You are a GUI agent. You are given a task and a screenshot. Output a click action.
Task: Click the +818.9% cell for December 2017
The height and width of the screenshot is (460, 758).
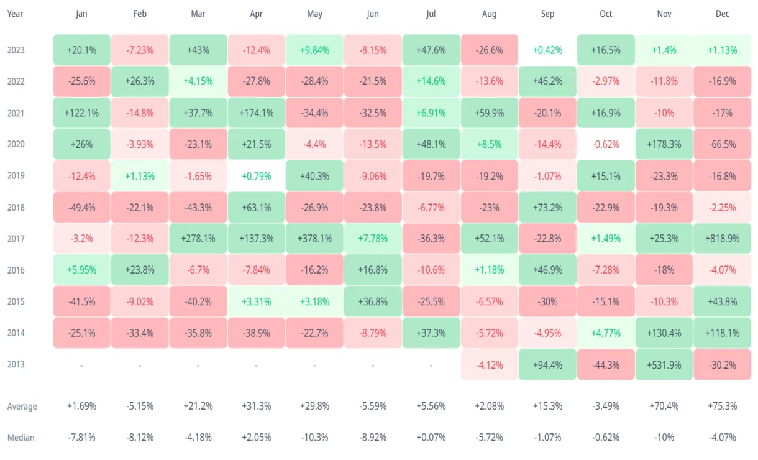(x=723, y=239)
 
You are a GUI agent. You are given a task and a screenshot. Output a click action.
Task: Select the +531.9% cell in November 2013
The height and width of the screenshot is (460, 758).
(x=664, y=364)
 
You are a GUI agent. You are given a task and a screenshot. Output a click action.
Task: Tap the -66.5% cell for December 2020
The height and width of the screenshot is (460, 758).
(x=723, y=144)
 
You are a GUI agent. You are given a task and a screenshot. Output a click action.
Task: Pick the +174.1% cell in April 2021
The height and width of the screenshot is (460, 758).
(x=256, y=113)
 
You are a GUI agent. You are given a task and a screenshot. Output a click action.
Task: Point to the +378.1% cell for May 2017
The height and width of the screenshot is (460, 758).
(x=314, y=239)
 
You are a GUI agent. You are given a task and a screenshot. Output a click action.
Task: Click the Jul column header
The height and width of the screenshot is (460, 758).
(x=431, y=14)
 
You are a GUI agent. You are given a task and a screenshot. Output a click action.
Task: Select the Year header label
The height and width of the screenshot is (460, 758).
(x=16, y=14)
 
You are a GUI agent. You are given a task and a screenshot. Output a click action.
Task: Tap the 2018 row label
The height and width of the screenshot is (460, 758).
(x=16, y=207)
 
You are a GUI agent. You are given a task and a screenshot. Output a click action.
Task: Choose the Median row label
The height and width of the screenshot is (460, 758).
(x=21, y=438)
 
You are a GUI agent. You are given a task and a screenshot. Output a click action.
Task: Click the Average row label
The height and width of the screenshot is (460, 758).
(x=22, y=407)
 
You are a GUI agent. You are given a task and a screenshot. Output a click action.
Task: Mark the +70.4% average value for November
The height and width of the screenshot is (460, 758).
(x=664, y=407)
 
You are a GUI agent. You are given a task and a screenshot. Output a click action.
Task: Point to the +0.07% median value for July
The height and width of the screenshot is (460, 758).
(x=431, y=438)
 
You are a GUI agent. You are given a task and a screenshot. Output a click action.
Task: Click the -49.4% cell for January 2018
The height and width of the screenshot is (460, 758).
(x=81, y=207)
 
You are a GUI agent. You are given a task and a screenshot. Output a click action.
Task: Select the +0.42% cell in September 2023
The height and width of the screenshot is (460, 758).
(x=547, y=50)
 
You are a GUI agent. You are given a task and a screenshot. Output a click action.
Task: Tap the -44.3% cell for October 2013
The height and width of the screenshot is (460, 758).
(x=606, y=364)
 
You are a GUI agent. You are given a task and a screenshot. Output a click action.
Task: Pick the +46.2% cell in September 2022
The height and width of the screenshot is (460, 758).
(x=547, y=81)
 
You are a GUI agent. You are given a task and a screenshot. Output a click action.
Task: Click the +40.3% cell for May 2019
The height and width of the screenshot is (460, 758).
(x=314, y=176)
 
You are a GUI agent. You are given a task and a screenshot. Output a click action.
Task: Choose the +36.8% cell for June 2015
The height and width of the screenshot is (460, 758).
(x=373, y=301)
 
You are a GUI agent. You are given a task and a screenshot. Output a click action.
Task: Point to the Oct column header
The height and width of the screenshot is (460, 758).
(x=606, y=14)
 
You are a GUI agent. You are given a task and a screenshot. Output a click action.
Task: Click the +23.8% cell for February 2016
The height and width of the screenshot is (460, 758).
(x=140, y=270)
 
